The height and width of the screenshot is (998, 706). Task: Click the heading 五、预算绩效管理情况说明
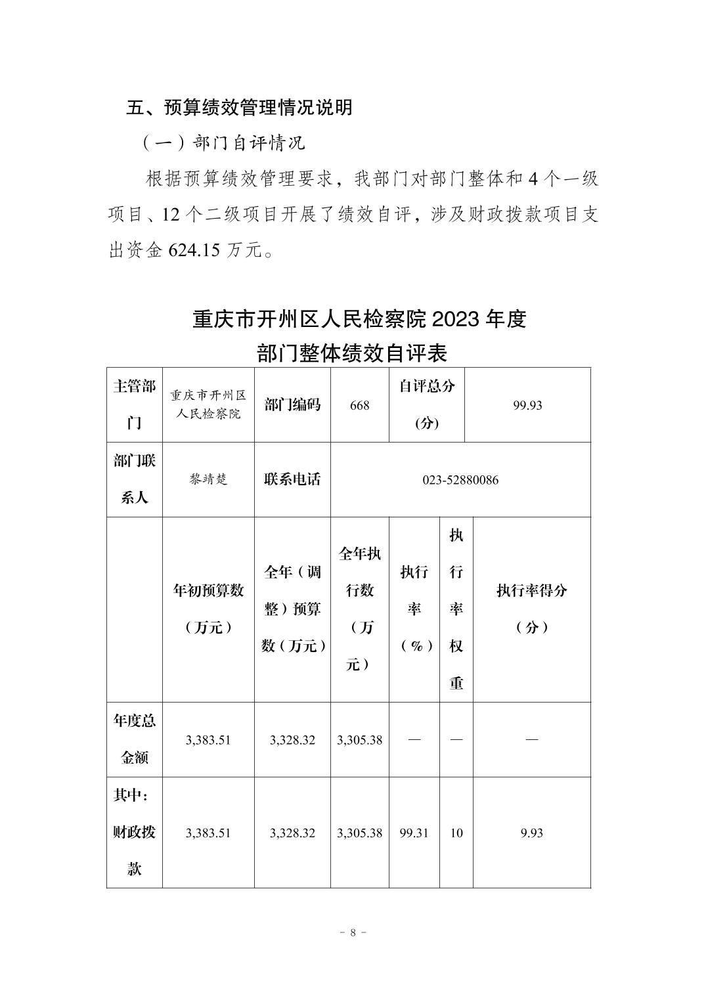[x=239, y=108]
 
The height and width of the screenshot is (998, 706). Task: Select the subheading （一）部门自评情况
[x=223, y=142]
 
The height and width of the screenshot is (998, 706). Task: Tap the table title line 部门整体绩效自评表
[x=352, y=353]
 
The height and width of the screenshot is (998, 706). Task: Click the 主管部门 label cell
[x=135, y=404]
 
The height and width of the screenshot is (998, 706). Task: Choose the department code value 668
[x=360, y=405]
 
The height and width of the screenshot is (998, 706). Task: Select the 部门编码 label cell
[x=292, y=404]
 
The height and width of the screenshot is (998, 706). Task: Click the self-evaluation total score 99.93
[x=527, y=405]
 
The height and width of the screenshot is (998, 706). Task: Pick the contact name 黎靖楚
[x=208, y=479]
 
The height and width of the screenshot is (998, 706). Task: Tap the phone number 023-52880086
[x=460, y=480]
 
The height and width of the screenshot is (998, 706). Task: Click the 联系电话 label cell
[x=292, y=479]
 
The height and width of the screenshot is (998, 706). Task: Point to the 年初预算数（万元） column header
[x=208, y=609]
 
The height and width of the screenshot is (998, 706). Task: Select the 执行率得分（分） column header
[x=531, y=609]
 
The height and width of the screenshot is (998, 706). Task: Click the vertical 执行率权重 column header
[x=456, y=609]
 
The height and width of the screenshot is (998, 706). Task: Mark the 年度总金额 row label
[x=135, y=739]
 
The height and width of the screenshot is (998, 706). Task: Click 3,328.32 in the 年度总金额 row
[x=292, y=740]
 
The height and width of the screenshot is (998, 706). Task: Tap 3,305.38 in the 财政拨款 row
[x=360, y=833]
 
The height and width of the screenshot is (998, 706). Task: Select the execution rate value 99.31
[x=414, y=833]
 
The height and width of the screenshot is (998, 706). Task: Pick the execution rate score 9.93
[x=531, y=833]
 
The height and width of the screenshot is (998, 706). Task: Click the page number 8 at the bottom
[x=353, y=932]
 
